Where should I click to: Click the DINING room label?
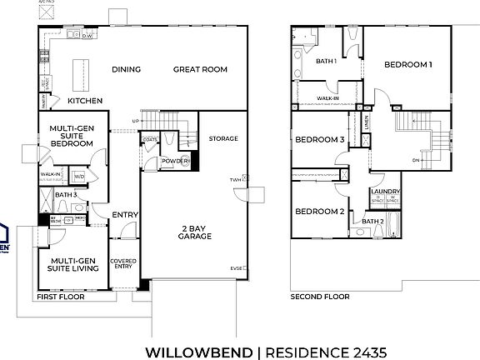(126, 70)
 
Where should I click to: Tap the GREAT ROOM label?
(200, 70)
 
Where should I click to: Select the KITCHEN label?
(85, 101)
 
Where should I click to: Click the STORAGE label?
(223, 138)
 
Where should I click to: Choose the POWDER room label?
(176, 161)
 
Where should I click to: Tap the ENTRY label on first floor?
(125, 215)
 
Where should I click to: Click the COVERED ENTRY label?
(124, 265)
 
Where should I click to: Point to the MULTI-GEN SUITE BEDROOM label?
(71, 136)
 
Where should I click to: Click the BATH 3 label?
(67, 195)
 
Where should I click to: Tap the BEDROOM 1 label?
(408, 65)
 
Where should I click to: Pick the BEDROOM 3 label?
(320, 139)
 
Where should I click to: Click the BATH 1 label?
(326, 61)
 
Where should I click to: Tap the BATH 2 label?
(372, 221)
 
